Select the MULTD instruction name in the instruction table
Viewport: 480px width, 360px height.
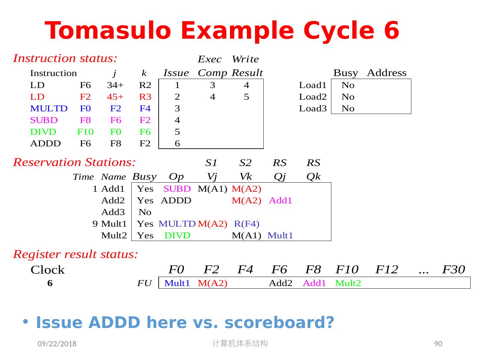(49, 109)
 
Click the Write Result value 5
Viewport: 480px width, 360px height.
(246, 97)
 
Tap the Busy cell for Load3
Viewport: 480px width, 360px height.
(348, 109)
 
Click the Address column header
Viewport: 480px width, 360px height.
(387, 73)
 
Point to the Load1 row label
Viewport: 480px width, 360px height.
(312, 85)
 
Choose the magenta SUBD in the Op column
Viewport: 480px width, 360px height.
(177, 189)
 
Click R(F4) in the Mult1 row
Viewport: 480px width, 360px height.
(246, 224)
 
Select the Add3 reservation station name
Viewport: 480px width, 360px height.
(113, 212)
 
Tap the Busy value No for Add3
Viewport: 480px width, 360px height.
(145, 212)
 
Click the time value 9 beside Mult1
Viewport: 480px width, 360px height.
(95, 224)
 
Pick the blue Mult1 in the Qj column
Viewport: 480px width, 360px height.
(280, 236)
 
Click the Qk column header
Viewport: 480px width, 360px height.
(313, 177)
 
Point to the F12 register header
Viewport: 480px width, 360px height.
(387, 269)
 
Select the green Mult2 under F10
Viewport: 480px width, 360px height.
(348, 283)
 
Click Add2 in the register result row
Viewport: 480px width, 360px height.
(280, 283)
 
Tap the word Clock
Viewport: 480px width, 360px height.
(47, 270)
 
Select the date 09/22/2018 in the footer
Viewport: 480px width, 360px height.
(57, 344)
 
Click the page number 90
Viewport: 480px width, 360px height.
(438, 344)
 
